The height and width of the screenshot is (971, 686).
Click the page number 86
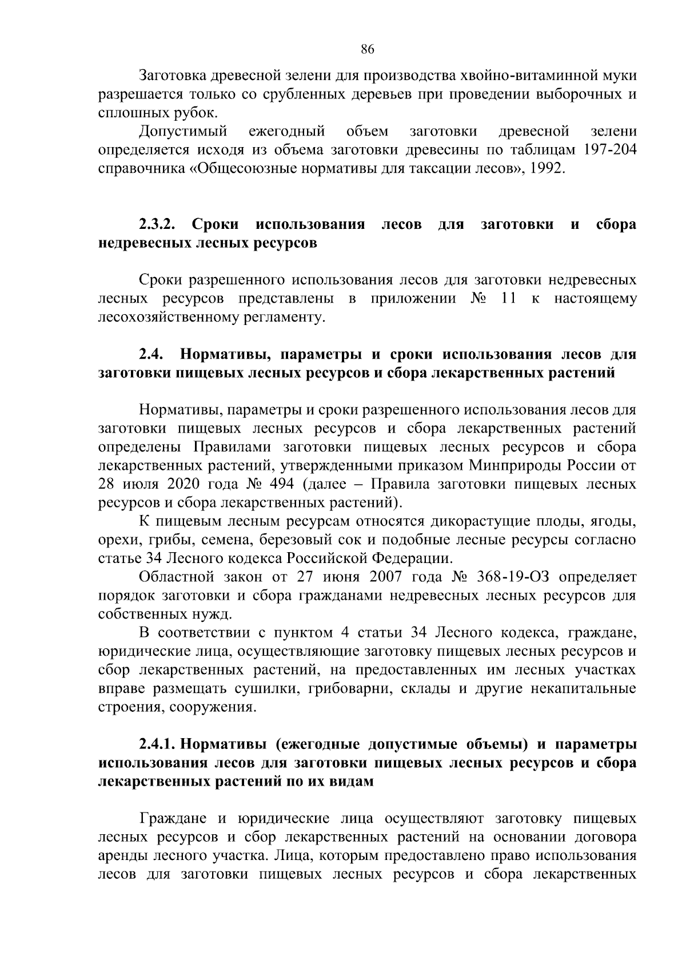367,50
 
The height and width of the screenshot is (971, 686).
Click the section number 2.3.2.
159,224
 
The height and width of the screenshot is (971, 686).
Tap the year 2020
183,485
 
